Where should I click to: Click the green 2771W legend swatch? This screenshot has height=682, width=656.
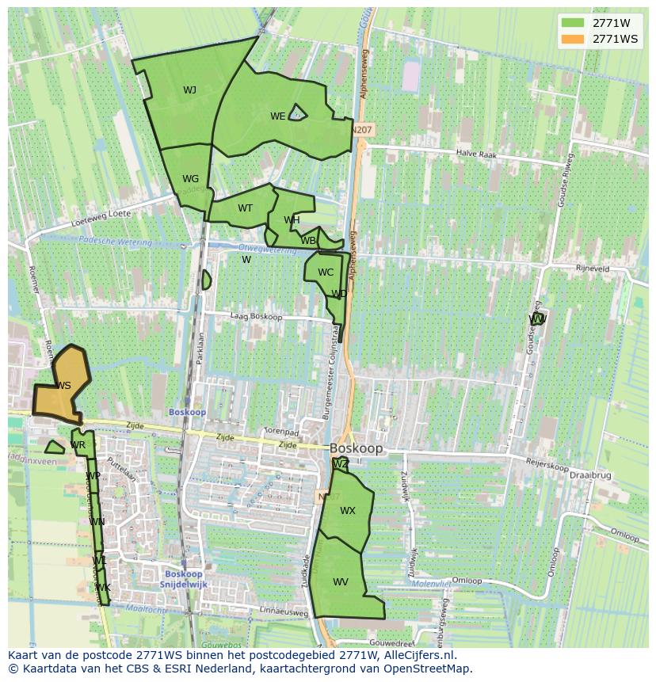pos(572,23)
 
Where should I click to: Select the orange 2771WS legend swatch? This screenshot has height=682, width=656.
pos(572,39)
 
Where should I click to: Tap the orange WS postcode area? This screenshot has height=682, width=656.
pos(63,386)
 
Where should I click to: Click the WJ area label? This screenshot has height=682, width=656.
pos(189,90)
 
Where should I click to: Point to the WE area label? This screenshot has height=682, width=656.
pos(277,116)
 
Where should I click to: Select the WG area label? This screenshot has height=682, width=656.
pos(190,179)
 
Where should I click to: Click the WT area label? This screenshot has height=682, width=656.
pos(246,208)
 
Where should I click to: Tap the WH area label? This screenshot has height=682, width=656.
pos(292,220)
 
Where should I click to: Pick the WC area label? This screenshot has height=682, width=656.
pos(326,272)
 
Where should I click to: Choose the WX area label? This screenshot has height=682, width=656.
pos(348,511)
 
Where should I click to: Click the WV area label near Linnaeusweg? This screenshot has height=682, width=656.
pos(341,582)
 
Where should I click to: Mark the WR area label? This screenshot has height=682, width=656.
pos(78,445)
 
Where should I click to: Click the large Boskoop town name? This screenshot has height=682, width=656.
pos(357,448)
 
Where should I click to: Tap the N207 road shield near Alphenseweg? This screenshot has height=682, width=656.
pos(362,129)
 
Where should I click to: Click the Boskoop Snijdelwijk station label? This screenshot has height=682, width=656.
pos(184,579)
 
